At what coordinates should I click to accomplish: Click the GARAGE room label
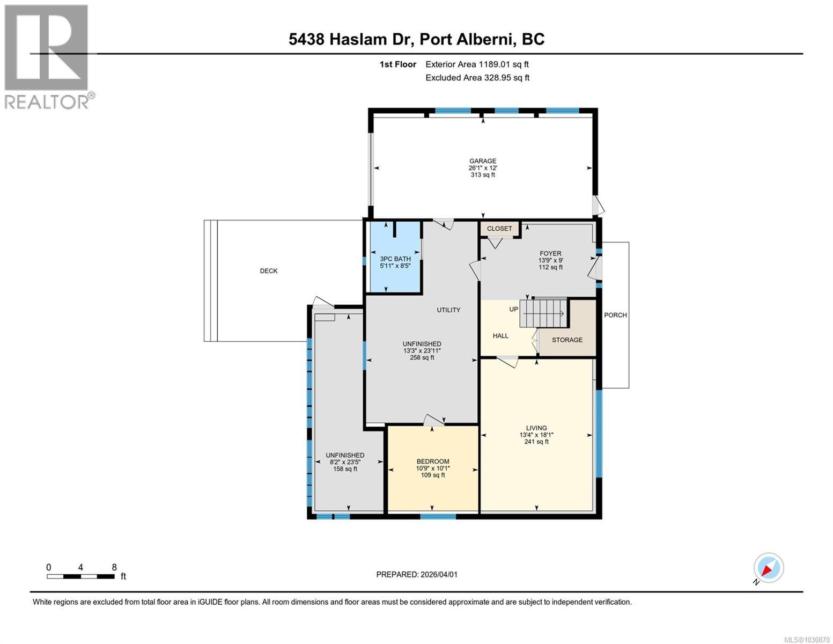pos(482,161)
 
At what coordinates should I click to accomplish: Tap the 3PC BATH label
pos(395,259)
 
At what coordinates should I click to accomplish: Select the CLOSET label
pos(499,229)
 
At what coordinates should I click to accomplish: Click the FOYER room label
pos(550,253)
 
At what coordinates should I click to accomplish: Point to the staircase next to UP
pos(543,313)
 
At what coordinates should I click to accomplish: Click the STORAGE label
pos(567,340)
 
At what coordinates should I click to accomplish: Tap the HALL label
pos(500,336)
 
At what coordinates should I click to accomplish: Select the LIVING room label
pos(536,428)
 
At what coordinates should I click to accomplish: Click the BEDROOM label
pos(433,462)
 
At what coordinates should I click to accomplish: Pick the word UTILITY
pos(448,310)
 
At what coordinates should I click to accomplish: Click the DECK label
pos(269,271)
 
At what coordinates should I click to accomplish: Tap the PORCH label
pos(615,315)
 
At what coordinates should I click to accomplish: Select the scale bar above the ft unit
pos(80,576)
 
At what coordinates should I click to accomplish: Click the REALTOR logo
pos(48,56)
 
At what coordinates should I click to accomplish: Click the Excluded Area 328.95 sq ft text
pos(477,78)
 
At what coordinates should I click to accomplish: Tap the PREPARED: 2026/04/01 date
pos(417,574)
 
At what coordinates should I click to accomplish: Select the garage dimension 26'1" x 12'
pos(482,168)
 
